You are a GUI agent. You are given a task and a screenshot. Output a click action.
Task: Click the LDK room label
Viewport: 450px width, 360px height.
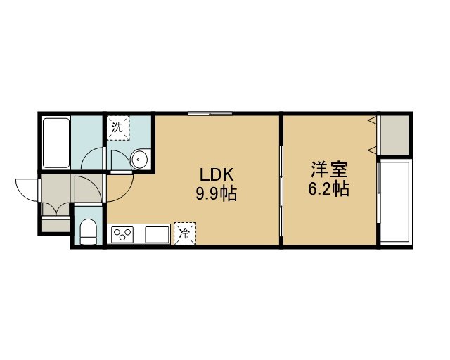[217, 174]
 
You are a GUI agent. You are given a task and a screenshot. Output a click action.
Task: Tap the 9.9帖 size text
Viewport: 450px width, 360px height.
[217, 193]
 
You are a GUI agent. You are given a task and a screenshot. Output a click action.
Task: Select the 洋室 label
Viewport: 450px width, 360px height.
[329, 170]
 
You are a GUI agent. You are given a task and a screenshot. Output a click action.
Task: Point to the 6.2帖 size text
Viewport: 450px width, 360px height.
[329, 189]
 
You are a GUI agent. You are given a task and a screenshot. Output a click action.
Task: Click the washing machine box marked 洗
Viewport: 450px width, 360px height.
[118, 128]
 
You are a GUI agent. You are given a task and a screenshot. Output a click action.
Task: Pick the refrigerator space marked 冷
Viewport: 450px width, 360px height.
[184, 233]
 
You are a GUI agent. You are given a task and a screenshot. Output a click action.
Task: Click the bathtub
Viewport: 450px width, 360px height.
[56, 143]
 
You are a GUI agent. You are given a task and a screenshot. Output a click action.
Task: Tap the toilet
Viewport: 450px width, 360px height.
[88, 232]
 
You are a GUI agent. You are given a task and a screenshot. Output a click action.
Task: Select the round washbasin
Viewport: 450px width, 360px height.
[139, 160]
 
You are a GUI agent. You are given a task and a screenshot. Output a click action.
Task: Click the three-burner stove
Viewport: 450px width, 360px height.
[123, 235]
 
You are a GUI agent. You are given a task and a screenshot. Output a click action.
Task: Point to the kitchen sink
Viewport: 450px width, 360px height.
[157, 235]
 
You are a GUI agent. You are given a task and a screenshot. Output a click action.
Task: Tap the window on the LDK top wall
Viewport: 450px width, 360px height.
[210, 113]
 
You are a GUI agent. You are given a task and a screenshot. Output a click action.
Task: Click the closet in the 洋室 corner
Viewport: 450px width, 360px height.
[394, 135]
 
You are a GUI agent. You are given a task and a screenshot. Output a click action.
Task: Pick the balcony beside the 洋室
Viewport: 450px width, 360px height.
[394, 202]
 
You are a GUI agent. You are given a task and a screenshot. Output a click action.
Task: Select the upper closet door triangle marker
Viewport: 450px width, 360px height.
[373, 120]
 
